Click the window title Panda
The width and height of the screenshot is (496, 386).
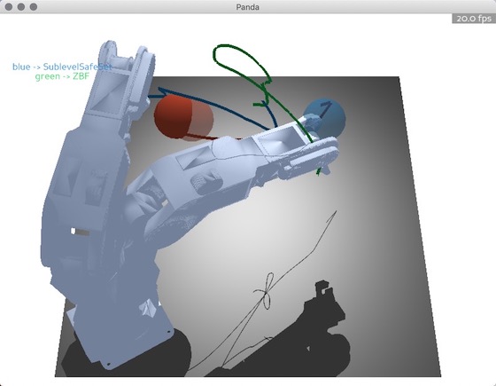coord(248,7)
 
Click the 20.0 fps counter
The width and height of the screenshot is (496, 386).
coord(474,19)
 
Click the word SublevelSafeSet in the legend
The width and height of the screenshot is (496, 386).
coord(78,67)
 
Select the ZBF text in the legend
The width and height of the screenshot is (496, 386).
coord(81,76)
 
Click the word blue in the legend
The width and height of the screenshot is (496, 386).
coord(21,67)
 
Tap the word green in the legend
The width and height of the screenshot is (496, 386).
coord(48,77)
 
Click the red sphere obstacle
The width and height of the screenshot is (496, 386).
coord(183,116)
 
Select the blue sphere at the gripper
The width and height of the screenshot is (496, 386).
coord(324,118)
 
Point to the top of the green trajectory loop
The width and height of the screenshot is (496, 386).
coord(227,45)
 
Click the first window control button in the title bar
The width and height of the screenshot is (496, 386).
coord(9,7)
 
